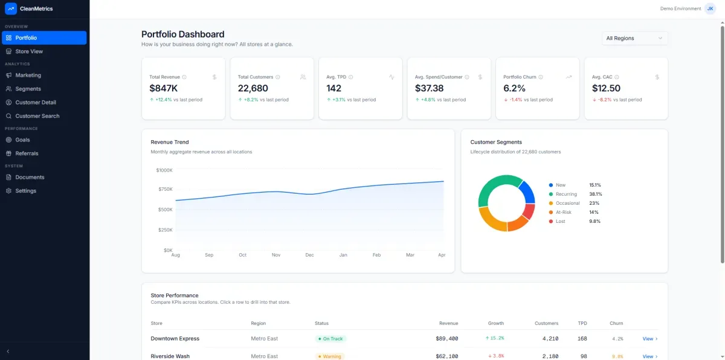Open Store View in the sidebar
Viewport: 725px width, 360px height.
pyautogui.click(x=29, y=51)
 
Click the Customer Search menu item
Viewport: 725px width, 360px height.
pyautogui.click(x=37, y=116)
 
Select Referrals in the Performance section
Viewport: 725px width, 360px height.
pyautogui.click(x=27, y=153)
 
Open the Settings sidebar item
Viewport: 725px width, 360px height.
pyautogui.click(x=25, y=191)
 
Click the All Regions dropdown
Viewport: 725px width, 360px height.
pyautogui.click(x=634, y=38)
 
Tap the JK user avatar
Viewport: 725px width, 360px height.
pyautogui.click(x=710, y=8)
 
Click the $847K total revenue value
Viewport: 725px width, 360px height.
pyautogui.click(x=164, y=88)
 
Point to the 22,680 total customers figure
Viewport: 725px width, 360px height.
pyautogui.click(x=253, y=88)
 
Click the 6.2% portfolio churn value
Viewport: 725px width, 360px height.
pyautogui.click(x=514, y=88)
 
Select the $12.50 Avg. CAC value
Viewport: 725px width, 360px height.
pyautogui.click(x=606, y=88)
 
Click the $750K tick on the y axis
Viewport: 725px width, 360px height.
pyautogui.click(x=164, y=190)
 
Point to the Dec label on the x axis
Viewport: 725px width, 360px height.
pyautogui.click(x=309, y=255)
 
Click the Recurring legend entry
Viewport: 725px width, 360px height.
pyautogui.click(x=566, y=194)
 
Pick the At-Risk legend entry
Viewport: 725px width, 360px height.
pyautogui.click(x=564, y=212)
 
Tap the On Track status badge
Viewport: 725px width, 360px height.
pyautogui.click(x=331, y=339)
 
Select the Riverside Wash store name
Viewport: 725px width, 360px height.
pyautogui.click(x=170, y=356)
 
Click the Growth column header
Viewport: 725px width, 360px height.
pyautogui.click(x=495, y=323)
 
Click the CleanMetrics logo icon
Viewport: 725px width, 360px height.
pyautogui.click(x=10, y=8)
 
